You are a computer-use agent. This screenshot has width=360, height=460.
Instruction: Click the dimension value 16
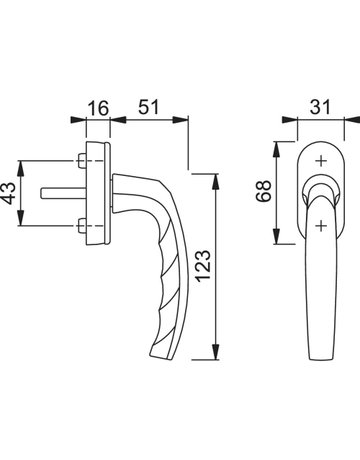(x=99, y=108)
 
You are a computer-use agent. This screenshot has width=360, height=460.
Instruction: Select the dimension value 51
(x=149, y=107)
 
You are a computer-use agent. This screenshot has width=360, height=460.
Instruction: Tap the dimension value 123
(x=204, y=265)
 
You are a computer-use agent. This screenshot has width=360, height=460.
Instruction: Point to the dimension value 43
(x=10, y=193)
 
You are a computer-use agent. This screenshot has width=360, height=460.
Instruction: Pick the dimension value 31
(x=320, y=107)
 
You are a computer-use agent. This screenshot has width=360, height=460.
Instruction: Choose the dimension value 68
(x=264, y=191)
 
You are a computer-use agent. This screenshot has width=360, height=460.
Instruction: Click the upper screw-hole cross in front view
(x=321, y=161)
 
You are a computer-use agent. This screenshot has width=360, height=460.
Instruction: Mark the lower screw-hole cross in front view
(x=321, y=226)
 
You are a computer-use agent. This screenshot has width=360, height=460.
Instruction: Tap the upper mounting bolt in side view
(x=82, y=161)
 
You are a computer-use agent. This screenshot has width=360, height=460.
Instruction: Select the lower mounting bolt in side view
(x=82, y=226)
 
